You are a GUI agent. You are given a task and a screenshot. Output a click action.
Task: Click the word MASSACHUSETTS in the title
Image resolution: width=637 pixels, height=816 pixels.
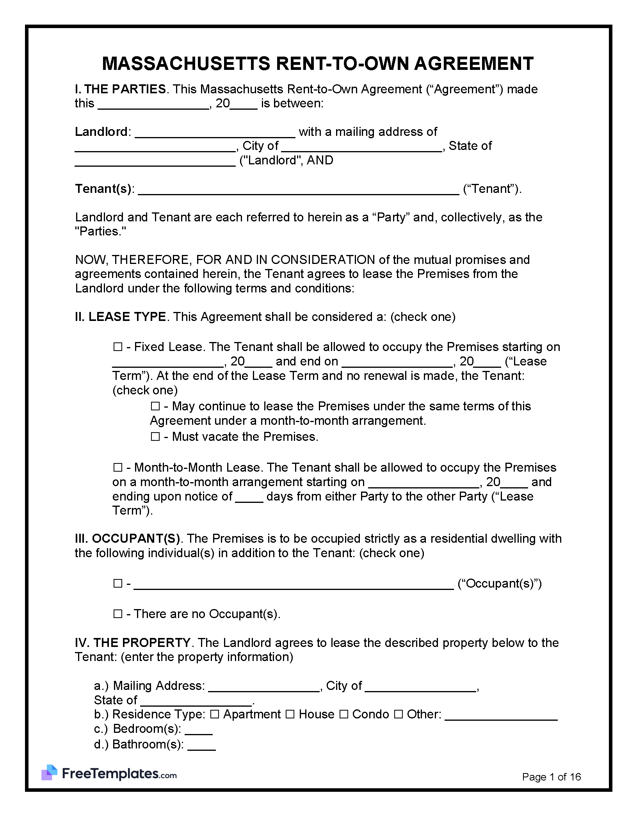click(x=186, y=64)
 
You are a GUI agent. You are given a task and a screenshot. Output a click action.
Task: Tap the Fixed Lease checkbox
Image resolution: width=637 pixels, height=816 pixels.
click(x=117, y=347)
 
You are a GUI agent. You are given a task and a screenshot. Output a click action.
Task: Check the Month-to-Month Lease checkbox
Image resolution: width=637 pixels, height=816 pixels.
click(x=117, y=467)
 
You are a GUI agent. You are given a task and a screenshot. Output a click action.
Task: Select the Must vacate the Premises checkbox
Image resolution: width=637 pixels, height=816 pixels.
click(x=155, y=437)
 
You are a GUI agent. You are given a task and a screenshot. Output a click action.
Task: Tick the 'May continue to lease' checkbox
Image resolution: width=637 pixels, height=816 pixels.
click(x=155, y=406)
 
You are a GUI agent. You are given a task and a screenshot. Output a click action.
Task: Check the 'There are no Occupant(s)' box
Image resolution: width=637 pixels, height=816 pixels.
click(x=117, y=614)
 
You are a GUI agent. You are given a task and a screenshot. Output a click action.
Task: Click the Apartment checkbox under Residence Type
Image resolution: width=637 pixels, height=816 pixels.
click(x=215, y=714)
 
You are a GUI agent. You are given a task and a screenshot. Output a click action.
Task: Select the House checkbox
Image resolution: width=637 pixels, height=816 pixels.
click(x=290, y=714)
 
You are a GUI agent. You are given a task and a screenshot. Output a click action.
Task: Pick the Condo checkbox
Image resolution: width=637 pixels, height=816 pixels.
click(x=343, y=714)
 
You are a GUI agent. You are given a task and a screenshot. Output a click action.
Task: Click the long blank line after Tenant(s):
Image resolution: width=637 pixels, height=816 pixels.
click(x=299, y=190)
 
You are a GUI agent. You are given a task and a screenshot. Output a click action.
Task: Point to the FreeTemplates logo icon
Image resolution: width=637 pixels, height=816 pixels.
click(x=50, y=773)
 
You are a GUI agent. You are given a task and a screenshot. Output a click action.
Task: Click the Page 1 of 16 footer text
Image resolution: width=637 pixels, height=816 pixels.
click(x=551, y=777)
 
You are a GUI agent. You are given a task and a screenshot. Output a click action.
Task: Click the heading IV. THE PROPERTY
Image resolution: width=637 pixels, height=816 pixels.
click(x=133, y=643)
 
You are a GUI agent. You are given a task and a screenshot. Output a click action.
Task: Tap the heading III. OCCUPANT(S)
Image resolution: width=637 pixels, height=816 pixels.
click(x=127, y=538)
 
